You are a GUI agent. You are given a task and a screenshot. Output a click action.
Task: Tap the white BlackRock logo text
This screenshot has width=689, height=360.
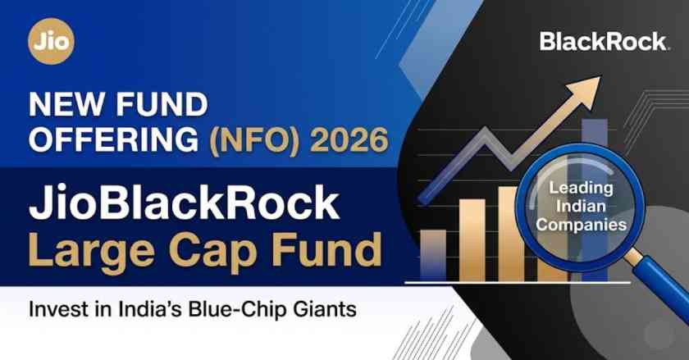[x=604, y=42]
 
